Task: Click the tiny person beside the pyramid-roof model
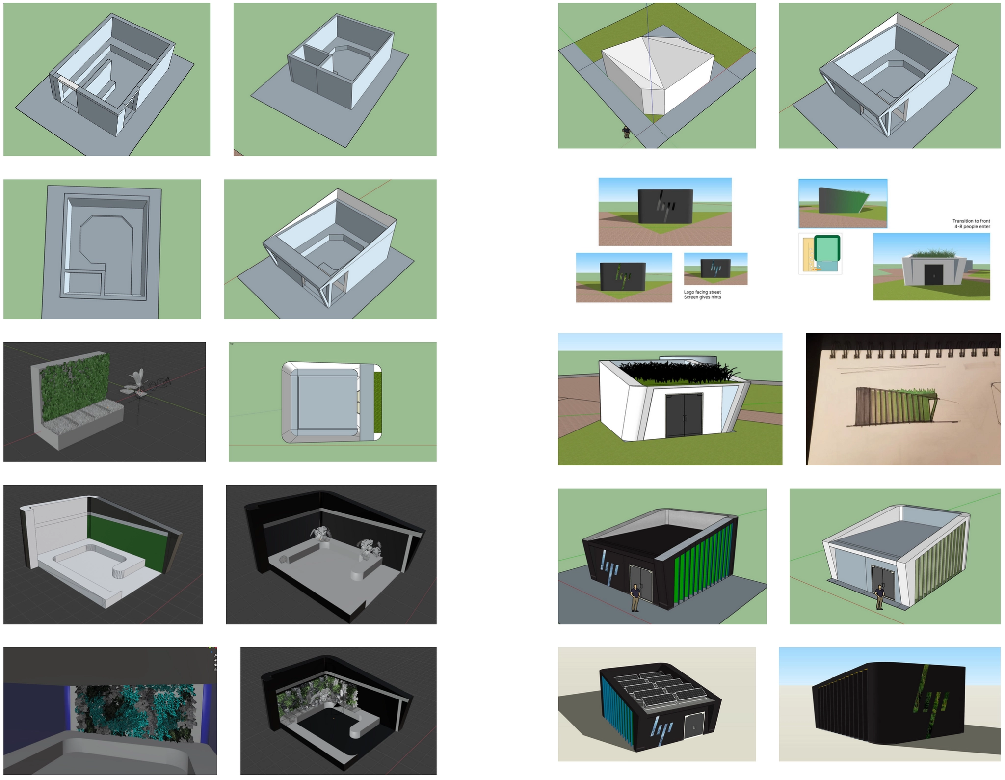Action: (626, 132)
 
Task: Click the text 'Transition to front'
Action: (971, 221)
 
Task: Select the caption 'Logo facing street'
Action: (702, 292)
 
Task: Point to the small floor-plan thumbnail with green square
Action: (820, 253)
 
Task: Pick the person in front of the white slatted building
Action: (879, 596)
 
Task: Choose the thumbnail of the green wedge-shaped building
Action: (843, 203)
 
